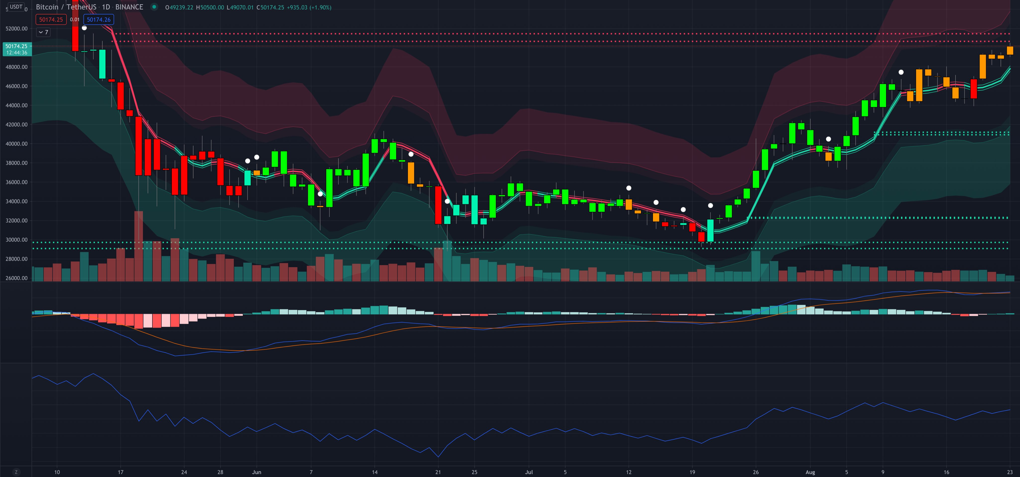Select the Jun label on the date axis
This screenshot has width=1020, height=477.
pyautogui.click(x=256, y=472)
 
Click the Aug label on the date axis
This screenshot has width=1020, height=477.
pyautogui.click(x=810, y=472)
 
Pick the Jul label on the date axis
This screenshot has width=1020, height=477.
pyautogui.click(x=529, y=472)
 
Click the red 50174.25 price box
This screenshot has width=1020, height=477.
pyautogui.click(x=51, y=19)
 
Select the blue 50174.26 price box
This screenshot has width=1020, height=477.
pyautogui.click(x=99, y=19)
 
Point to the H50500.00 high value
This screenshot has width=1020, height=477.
pyautogui.click(x=210, y=7)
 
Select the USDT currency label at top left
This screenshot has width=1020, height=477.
pyautogui.click(x=16, y=7)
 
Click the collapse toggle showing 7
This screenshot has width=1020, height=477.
pyautogui.click(x=43, y=32)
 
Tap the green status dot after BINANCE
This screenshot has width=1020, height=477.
pyautogui.click(x=154, y=7)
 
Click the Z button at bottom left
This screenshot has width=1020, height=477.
pyautogui.click(x=16, y=472)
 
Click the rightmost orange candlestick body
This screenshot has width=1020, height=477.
pyautogui.click(x=1010, y=50)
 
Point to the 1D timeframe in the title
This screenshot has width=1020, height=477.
pyautogui.click(x=106, y=7)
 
